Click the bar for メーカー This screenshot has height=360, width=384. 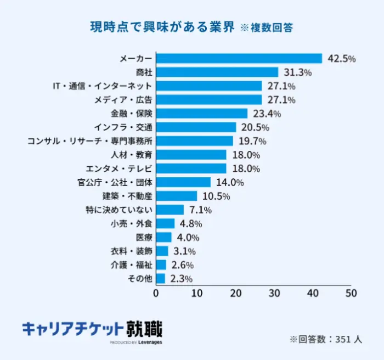pos(239,58)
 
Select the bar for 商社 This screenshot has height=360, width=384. pos(217,72)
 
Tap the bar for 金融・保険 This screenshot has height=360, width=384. pos(202,114)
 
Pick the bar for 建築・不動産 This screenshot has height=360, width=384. pos(177,196)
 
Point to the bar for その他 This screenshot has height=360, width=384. pos(161,279)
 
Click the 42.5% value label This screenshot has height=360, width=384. pos(341,59)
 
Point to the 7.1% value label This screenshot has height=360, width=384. pos(200,210)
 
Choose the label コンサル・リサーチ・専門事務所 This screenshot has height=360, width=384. pos(89,141)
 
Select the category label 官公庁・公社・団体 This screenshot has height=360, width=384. pos(115,182)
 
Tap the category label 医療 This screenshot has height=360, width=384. pos(144,238)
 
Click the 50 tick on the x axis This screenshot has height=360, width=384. pos(351,294)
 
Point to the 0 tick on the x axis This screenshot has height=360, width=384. pos(156,294)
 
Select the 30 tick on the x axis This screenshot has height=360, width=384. pos(273,294)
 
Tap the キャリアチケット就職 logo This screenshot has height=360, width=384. pos(92,331)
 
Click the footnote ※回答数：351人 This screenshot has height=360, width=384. pos(325,339)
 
